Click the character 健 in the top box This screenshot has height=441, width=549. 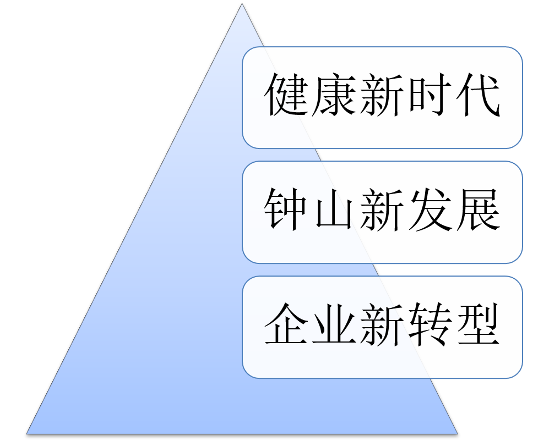(x=287, y=97)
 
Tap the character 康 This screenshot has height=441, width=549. (x=334, y=97)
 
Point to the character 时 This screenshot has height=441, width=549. (x=429, y=97)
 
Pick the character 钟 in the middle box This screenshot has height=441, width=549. (x=287, y=211)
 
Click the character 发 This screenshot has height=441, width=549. (x=429, y=211)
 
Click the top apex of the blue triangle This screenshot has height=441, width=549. (x=242, y=5)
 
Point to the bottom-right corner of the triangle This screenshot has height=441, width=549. (x=456, y=433)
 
